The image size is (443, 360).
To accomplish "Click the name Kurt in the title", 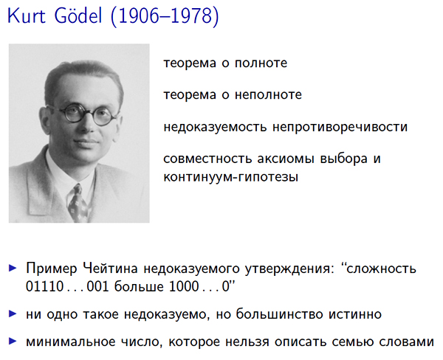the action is click(27, 15).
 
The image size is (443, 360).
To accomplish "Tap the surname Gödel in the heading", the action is click(78, 15).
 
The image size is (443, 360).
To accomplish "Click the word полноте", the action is click(261, 63).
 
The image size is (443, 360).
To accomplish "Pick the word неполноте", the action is click(268, 95).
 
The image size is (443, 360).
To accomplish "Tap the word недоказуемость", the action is click(215, 128).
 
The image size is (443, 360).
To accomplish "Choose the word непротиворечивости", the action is click(340, 128).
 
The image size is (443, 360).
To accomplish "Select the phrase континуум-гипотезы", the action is click(231, 177).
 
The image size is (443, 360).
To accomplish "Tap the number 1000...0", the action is click(199, 286).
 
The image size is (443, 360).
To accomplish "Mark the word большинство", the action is click(279, 314).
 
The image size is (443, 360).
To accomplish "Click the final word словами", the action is click(406, 342).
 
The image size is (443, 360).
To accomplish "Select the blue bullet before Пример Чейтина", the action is click(13, 268).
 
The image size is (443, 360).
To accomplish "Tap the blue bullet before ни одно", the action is click(13, 314).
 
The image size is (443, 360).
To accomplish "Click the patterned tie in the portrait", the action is click(77, 202).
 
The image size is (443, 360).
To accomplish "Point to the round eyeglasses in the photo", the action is click(83, 114).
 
